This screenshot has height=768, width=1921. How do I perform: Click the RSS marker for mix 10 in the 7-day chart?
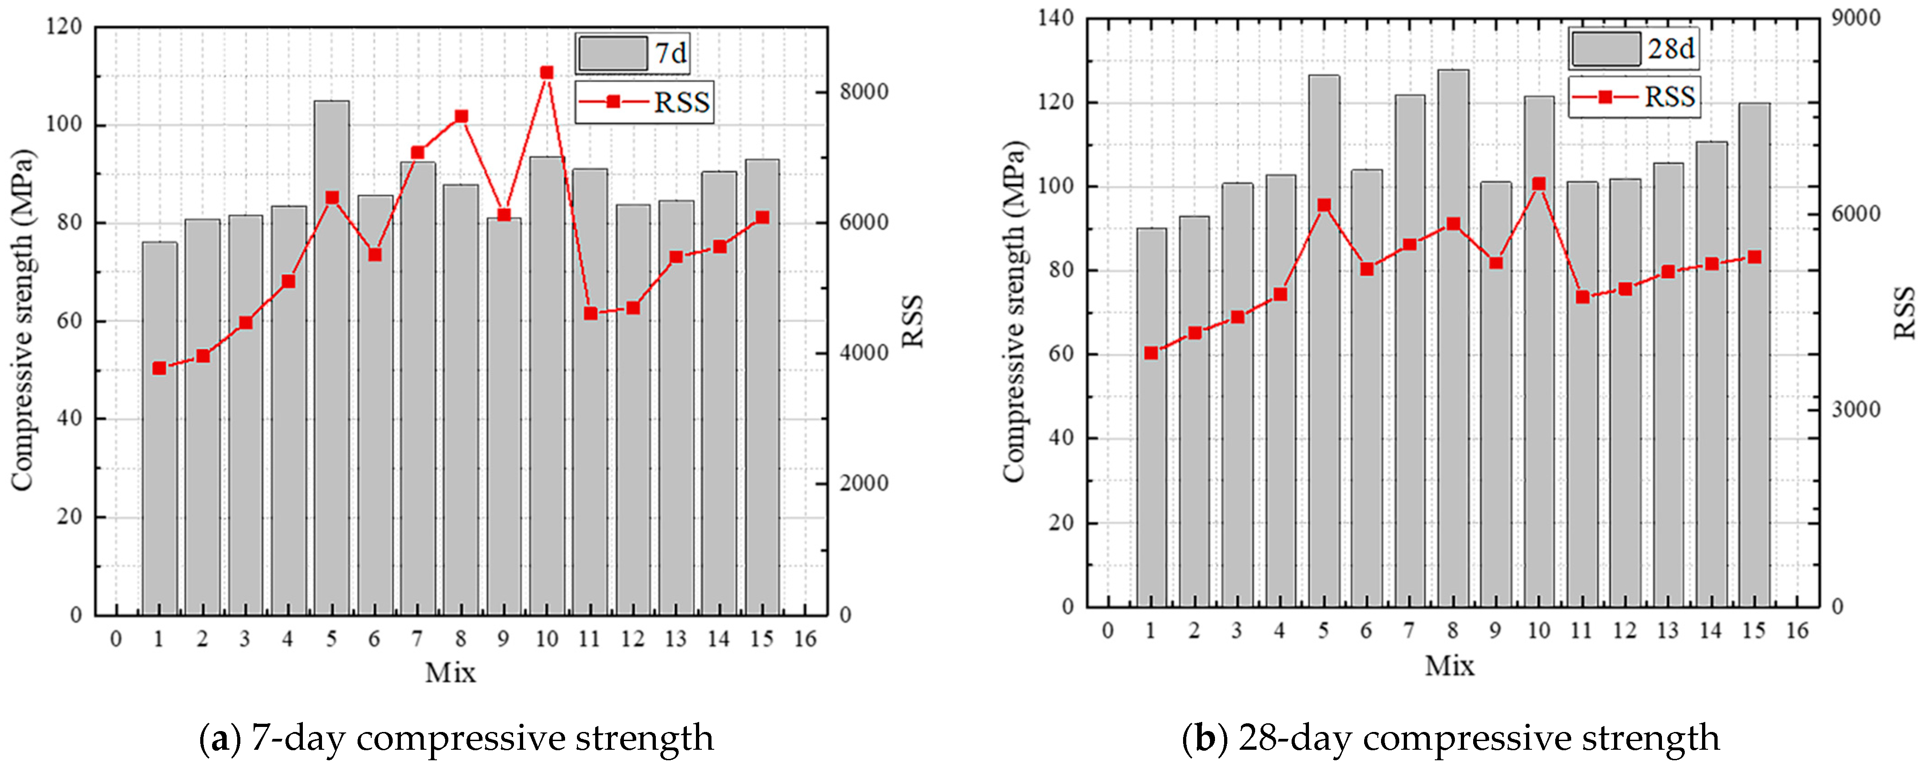[547, 73]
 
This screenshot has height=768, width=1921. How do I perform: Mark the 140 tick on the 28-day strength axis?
[1056, 18]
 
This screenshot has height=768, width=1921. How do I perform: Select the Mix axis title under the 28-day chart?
[1449, 665]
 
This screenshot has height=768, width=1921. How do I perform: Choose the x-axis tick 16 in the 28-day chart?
[1797, 631]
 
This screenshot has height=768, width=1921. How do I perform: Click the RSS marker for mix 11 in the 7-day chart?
[591, 313]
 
